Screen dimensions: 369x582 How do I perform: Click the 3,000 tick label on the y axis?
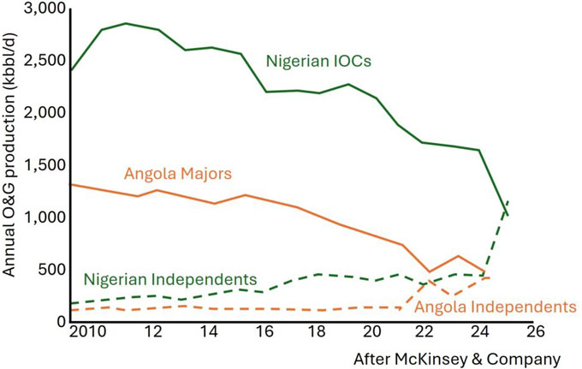[x=42, y=9]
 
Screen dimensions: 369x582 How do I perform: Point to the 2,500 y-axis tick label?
[x=42, y=61]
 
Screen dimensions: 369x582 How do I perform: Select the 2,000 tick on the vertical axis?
[x=42, y=113]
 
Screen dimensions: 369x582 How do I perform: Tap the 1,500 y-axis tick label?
[x=42, y=165]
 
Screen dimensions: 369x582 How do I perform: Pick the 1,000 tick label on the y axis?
[x=42, y=217]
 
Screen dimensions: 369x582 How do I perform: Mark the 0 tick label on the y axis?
[x=59, y=322]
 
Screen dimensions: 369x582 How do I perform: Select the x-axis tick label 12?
[x=155, y=331]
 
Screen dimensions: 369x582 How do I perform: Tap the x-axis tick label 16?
[x=264, y=331]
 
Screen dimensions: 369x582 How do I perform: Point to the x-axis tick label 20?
[x=372, y=331]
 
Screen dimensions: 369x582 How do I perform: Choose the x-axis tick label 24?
[x=481, y=331]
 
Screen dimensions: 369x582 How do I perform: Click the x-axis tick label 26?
[x=536, y=331]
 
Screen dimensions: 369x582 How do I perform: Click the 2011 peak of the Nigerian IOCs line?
[x=127, y=23]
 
